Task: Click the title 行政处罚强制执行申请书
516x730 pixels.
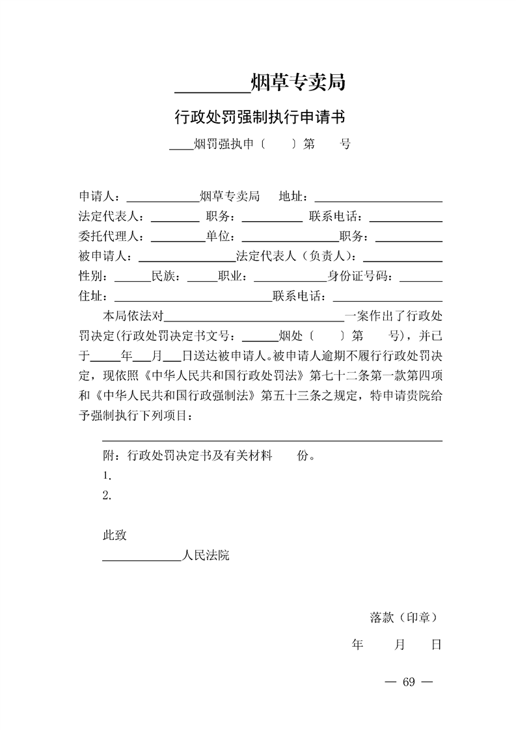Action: pos(259,117)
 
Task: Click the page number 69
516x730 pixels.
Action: pos(409,682)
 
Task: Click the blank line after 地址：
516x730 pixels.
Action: pos(378,196)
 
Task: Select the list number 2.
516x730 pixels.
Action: pos(107,495)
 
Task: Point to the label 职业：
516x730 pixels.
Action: pos(233,277)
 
